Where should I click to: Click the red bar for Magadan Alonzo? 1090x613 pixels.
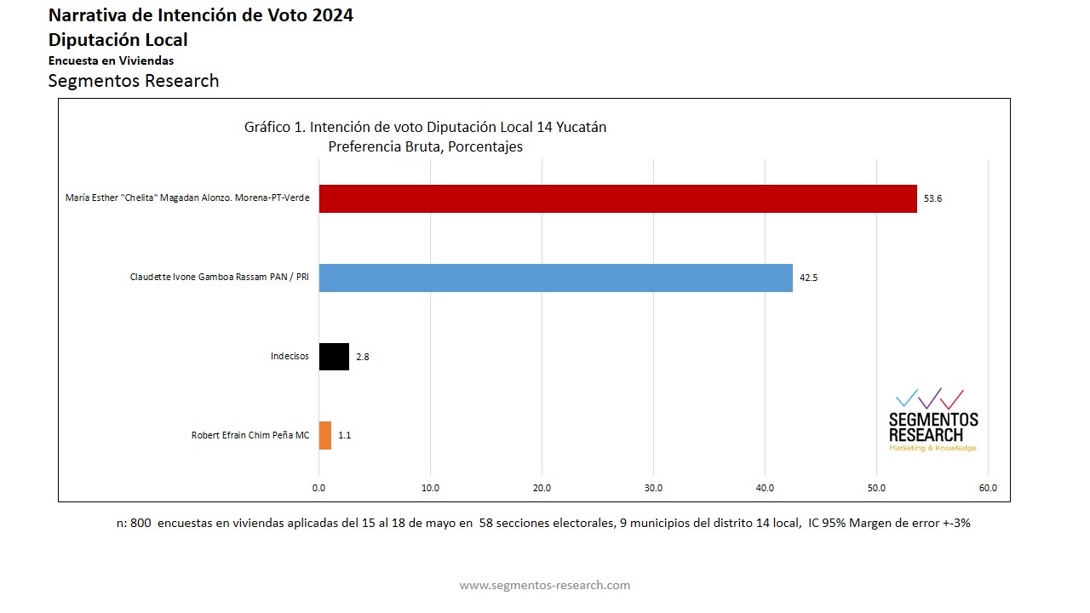tap(617, 198)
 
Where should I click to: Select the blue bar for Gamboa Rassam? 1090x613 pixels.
tap(555, 278)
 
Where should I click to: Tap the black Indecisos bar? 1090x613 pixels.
tap(334, 357)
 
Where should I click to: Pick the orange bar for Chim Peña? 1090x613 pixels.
tap(324, 435)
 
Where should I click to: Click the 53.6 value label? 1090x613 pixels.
tap(932, 198)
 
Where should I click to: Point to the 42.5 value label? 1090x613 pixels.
tap(808, 278)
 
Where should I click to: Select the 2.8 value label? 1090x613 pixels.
tap(362, 357)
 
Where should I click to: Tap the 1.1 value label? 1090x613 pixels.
tap(344, 435)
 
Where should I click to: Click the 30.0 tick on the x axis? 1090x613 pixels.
tap(653, 488)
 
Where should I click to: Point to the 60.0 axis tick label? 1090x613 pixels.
tap(988, 488)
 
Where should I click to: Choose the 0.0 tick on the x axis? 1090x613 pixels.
tap(318, 488)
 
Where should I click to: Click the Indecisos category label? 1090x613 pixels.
tap(290, 357)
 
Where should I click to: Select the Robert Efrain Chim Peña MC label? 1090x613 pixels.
tap(250, 435)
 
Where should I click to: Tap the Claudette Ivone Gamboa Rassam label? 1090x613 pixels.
tap(219, 278)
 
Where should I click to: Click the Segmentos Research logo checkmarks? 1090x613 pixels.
tap(930, 398)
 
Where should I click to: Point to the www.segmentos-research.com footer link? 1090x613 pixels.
tap(545, 585)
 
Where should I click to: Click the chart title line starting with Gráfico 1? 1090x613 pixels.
tap(425, 128)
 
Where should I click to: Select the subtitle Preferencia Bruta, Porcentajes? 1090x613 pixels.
tap(425, 146)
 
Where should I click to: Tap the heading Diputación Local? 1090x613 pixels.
tap(118, 40)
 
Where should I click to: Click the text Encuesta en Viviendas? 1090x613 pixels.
tap(111, 60)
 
